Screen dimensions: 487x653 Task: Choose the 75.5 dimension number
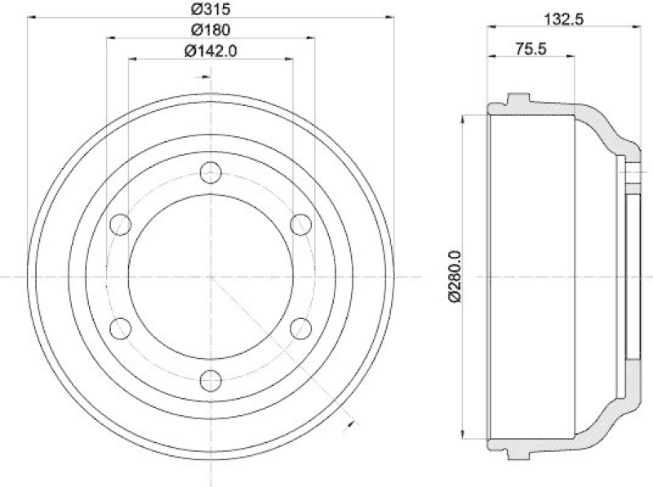[531, 49]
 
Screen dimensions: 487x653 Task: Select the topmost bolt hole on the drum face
[211, 173]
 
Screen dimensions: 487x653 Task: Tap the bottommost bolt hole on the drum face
[211, 381]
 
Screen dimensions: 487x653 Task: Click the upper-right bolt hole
[301, 224]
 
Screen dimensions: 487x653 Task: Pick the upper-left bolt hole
[121, 224]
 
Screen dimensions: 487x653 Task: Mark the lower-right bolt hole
[301, 329]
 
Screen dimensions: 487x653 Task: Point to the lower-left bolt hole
[121, 329]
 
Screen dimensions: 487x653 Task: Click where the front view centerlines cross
[211, 277]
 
